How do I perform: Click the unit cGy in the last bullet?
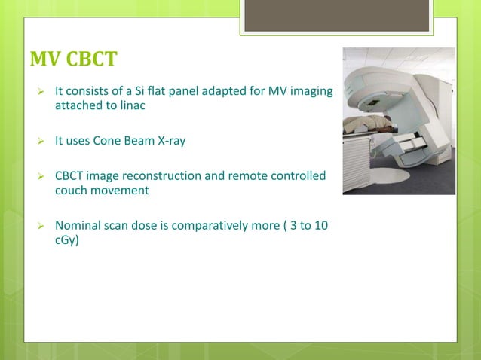pyautogui.click(x=66, y=240)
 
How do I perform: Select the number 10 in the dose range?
pyautogui.click(x=320, y=226)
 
